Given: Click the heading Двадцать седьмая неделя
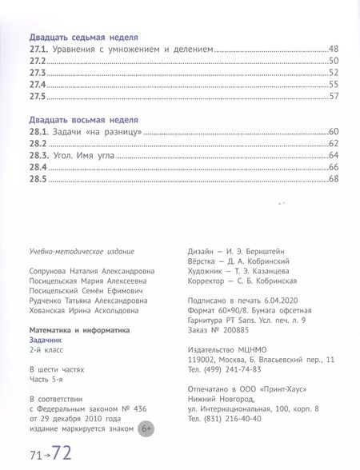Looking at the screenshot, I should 84,37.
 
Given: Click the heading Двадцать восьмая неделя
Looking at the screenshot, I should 84,118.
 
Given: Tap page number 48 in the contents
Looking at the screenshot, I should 334,49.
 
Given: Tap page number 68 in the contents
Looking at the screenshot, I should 334,178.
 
